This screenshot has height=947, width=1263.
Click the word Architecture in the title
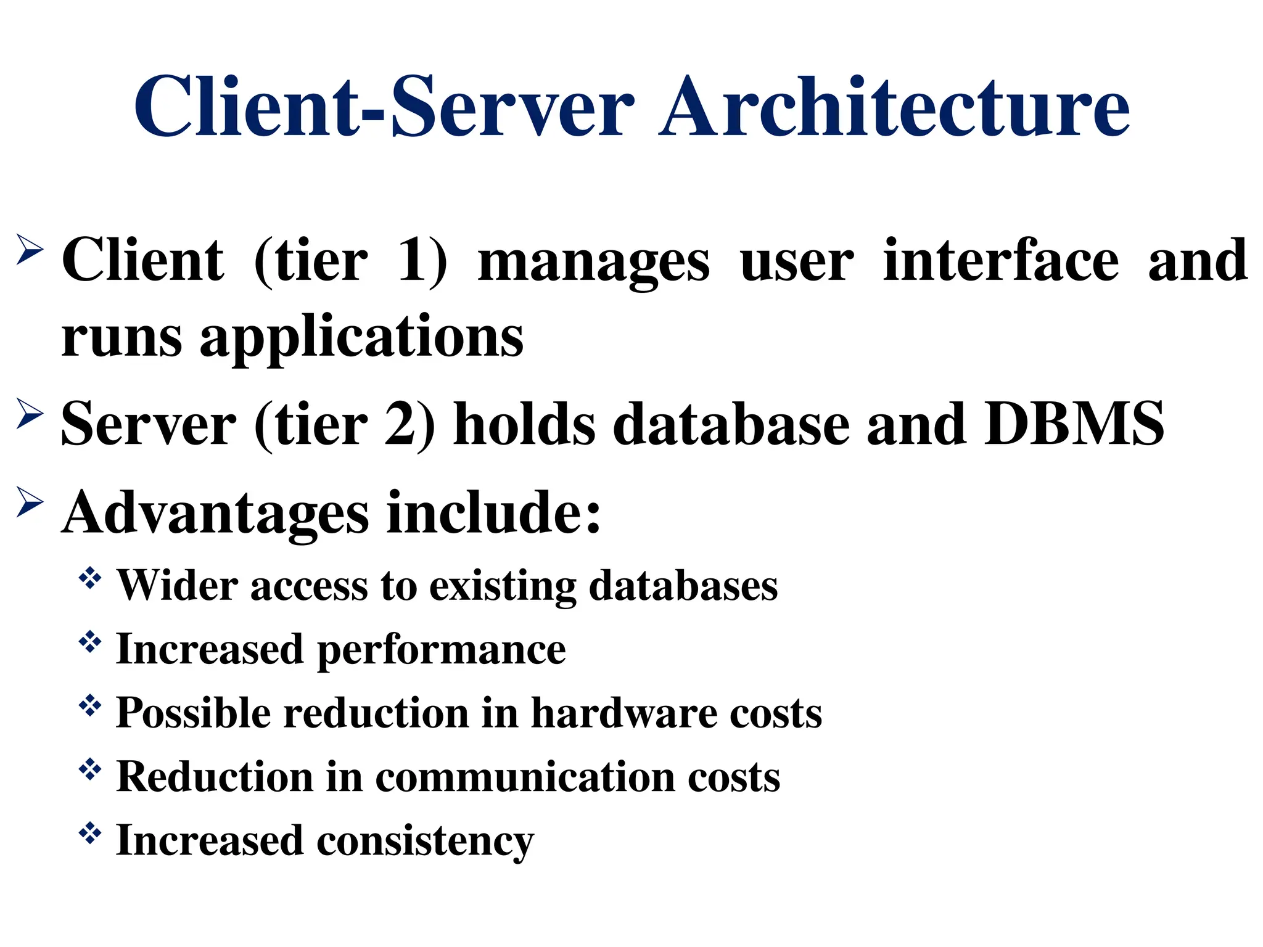coord(894,106)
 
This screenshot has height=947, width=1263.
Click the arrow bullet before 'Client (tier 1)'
coord(30,250)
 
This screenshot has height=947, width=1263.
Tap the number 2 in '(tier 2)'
coord(401,424)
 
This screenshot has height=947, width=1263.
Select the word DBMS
coord(1074,424)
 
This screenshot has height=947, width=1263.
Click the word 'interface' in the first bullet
coord(1000,261)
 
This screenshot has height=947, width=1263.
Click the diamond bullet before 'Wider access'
coord(90,578)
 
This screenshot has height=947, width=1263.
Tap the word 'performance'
coord(441,651)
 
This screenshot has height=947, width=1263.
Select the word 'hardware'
coord(623,713)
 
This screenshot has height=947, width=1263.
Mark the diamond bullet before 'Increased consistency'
coord(90,833)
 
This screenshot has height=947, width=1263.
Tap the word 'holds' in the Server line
coord(524,424)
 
